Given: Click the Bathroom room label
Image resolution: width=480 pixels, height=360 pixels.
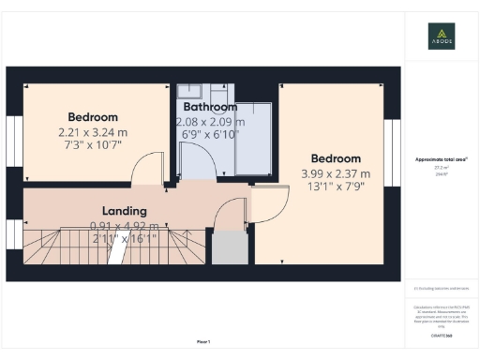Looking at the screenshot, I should [x=209, y=107].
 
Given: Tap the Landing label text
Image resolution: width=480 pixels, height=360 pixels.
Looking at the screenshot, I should [x=123, y=211].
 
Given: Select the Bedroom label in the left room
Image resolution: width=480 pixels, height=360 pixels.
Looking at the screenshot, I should [x=92, y=117].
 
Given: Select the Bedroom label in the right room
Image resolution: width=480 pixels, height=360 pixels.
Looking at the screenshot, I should [x=336, y=158].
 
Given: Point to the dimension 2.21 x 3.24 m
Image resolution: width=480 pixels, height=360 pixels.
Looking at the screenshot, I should [x=91, y=132].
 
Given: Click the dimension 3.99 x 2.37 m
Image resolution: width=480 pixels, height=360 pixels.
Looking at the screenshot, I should [x=336, y=173].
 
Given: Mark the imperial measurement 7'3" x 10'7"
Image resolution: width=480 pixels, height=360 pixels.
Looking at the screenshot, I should [x=91, y=146].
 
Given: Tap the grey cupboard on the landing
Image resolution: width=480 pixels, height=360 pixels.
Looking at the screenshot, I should [x=229, y=247].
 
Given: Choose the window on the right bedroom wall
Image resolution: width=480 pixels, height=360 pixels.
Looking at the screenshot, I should [x=397, y=141].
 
